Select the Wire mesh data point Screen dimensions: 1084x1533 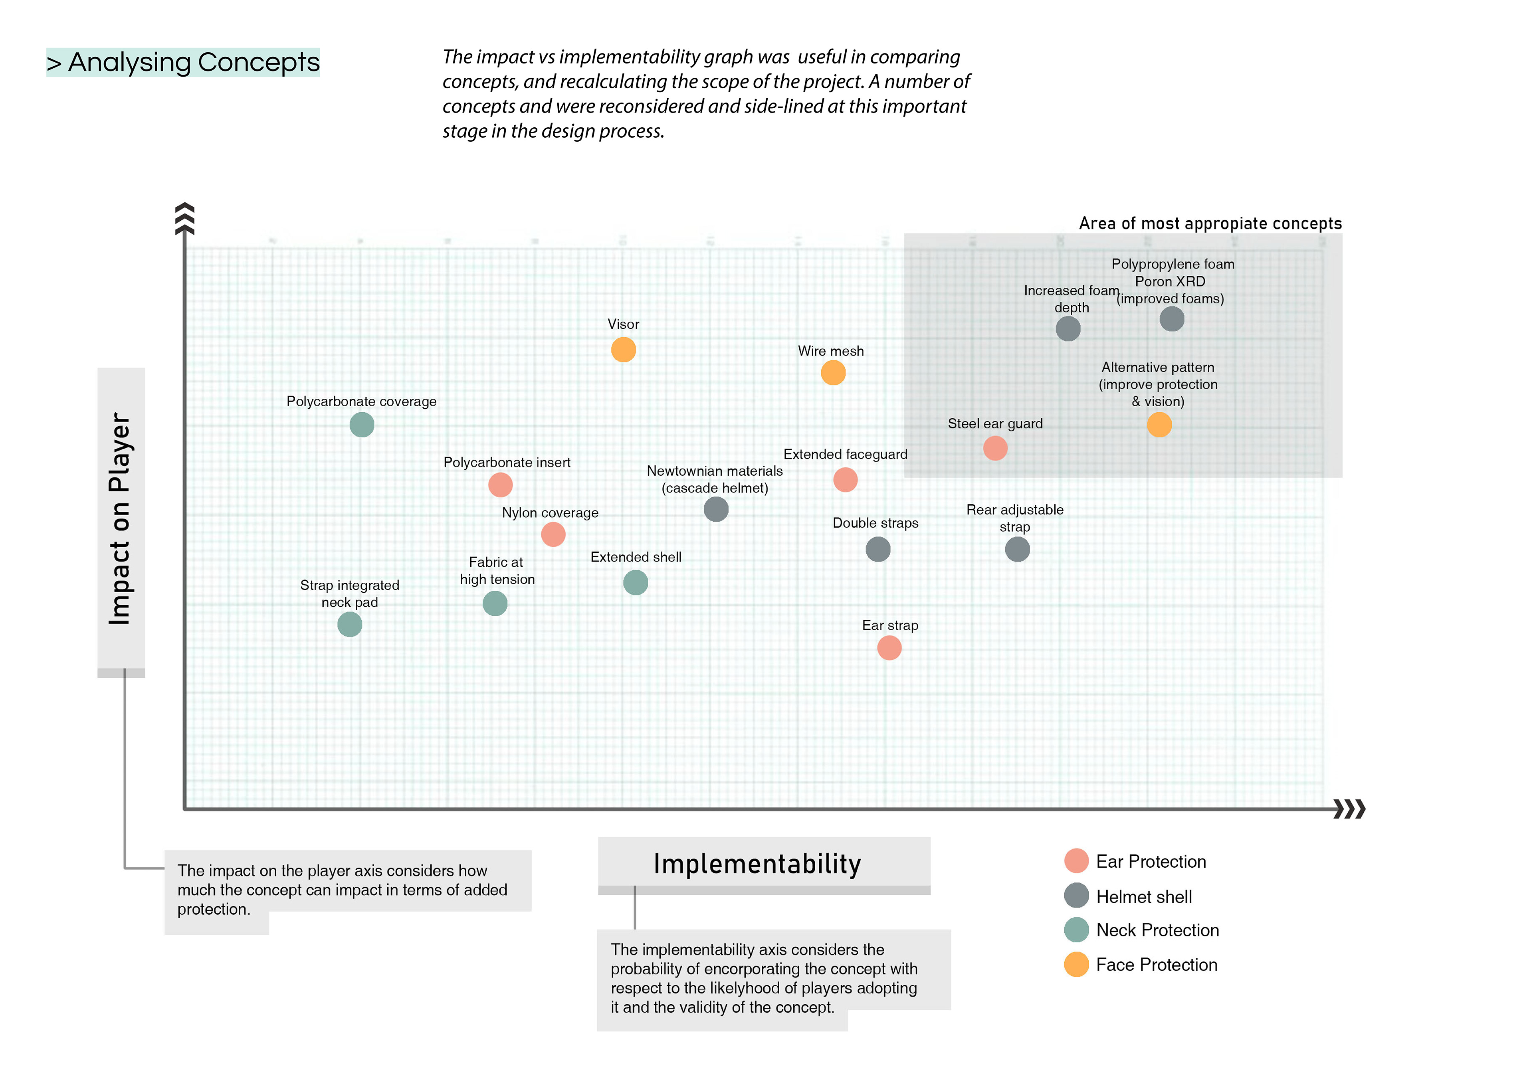833,372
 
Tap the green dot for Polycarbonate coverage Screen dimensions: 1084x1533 362,425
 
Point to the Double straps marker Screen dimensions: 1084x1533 877,549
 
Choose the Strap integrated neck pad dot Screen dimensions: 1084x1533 349,625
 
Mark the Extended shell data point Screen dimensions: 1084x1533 635,583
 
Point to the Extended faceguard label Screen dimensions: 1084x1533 845,455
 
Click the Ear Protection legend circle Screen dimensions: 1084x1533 1076,861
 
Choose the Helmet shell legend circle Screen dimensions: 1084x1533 1076,896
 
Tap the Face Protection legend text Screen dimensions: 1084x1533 1157,965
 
